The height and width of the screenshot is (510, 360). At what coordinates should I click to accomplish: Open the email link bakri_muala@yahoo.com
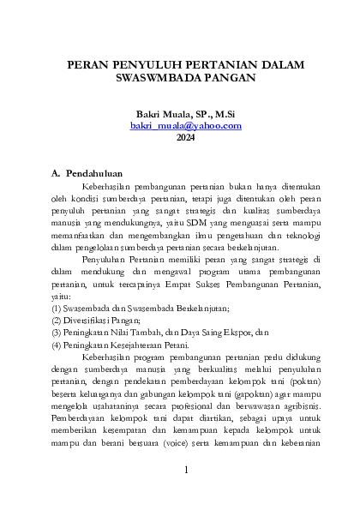[x=185, y=125]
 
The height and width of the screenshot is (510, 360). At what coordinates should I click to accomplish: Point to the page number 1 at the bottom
[x=185, y=471]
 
